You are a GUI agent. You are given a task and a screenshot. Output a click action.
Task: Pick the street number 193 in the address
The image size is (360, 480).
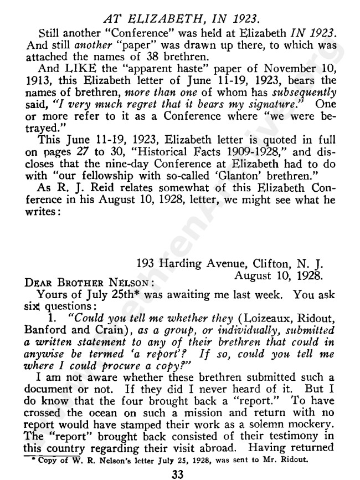click(147, 263)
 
